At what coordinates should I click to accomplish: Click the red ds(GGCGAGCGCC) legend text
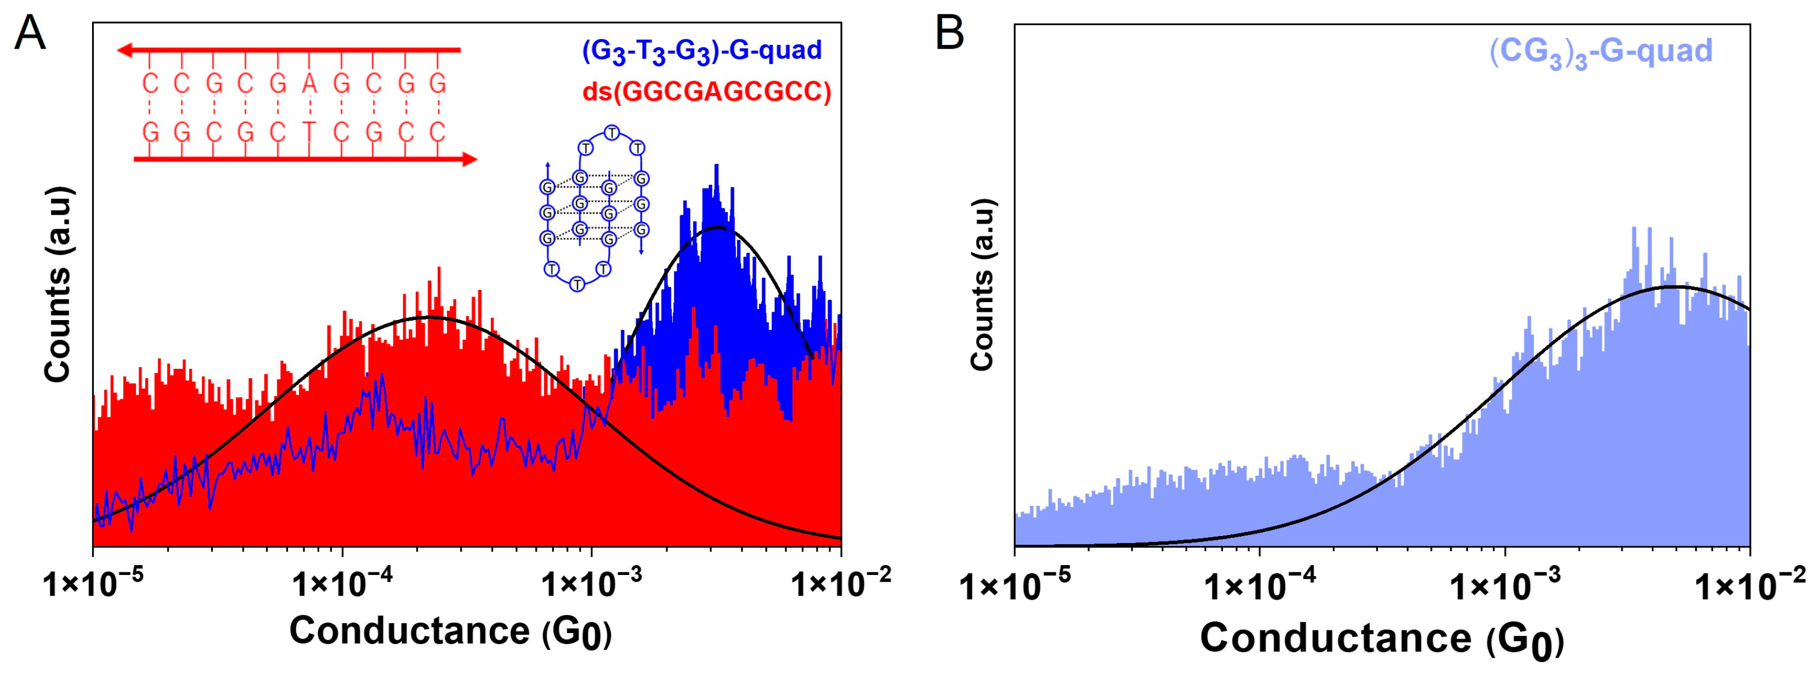point(707,92)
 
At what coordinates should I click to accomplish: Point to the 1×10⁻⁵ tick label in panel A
point(93,584)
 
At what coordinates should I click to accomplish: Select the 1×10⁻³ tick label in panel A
point(592,584)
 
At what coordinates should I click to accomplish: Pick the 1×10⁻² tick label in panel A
point(840,584)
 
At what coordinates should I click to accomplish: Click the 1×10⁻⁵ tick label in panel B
point(1015,587)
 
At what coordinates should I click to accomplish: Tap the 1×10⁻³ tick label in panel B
point(1505,587)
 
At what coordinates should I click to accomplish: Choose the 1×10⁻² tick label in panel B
point(1750,587)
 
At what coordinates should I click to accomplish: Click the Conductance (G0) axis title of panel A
point(451,631)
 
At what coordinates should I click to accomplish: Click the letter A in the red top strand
point(309,84)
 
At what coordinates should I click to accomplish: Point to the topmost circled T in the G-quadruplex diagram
point(611,133)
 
